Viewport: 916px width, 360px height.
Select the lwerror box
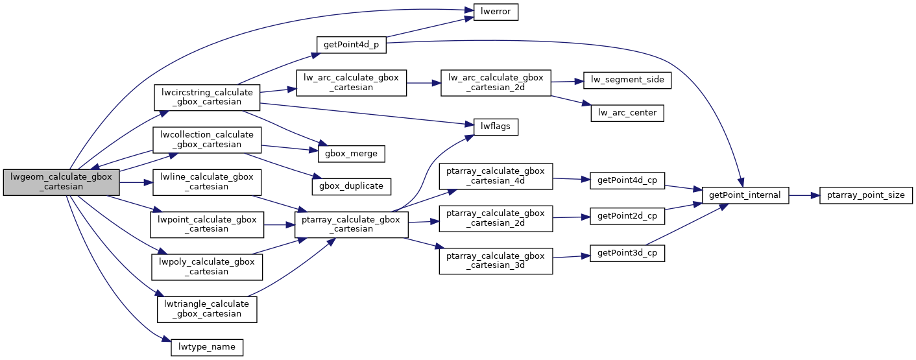(x=495, y=12)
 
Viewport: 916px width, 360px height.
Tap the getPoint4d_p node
(x=351, y=45)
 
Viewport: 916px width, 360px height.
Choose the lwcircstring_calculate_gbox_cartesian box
(x=206, y=97)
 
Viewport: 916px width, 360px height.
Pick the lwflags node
(x=495, y=127)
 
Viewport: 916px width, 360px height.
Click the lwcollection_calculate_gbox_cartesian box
(x=206, y=139)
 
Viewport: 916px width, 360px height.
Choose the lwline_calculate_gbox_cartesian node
(x=206, y=182)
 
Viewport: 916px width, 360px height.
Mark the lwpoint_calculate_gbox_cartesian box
(x=206, y=224)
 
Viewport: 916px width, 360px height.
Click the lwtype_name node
(x=206, y=347)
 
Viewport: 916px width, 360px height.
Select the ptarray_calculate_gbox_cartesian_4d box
(x=496, y=176)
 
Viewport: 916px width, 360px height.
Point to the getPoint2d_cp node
(x=627, y=218)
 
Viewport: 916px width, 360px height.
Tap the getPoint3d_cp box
(x=627, y=254)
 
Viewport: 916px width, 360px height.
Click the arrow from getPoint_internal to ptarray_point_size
(x=804, y=195)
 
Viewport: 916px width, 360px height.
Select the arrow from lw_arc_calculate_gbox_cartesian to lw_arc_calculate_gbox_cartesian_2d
(x=424, y=84)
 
